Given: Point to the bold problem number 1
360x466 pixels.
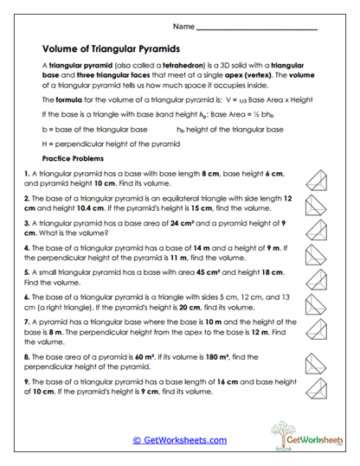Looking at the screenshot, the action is [28, 174].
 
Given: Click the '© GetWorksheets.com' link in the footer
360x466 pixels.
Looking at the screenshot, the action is [180, 439].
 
